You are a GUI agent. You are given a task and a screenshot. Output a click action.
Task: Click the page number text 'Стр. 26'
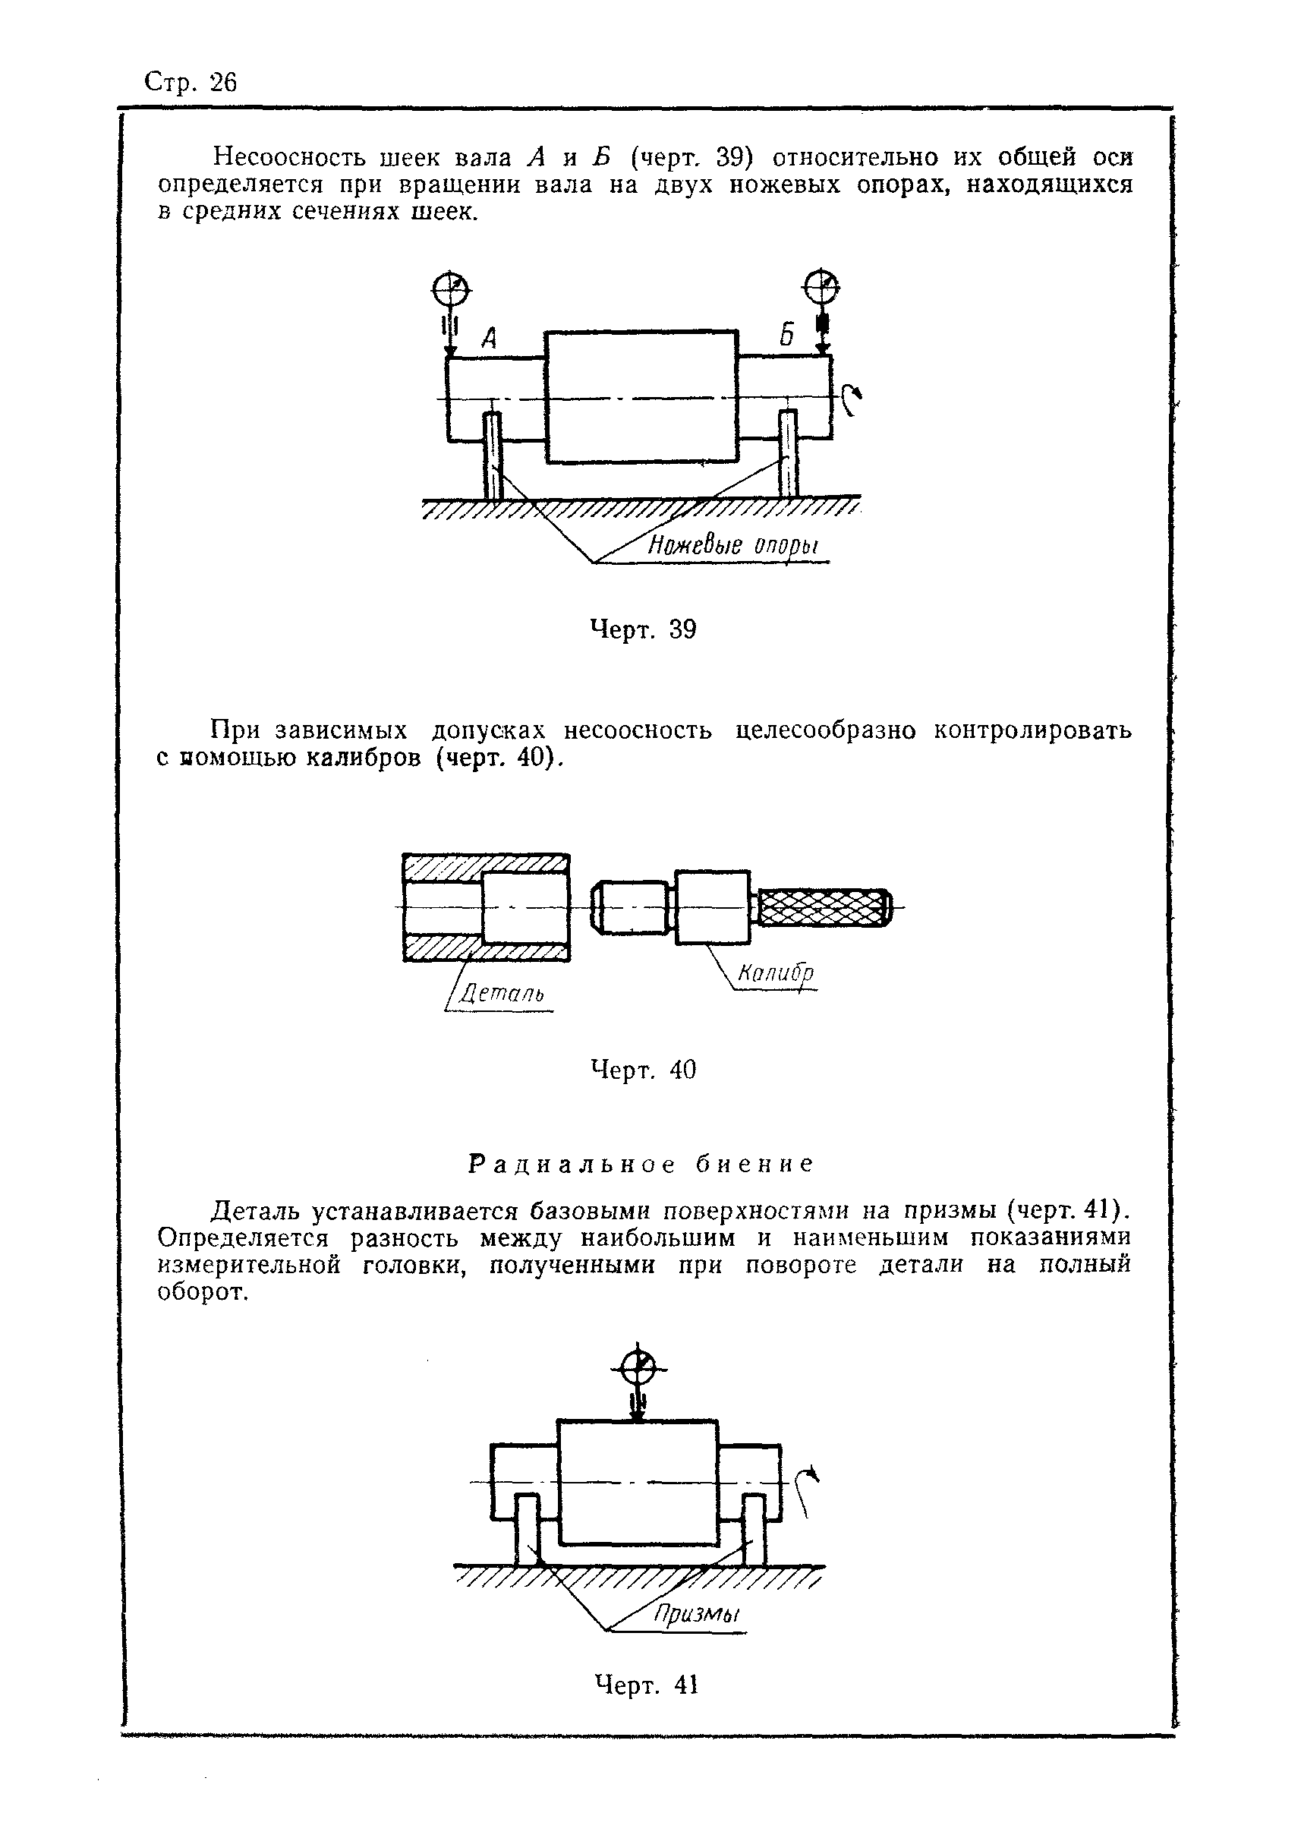(x=191, y=83)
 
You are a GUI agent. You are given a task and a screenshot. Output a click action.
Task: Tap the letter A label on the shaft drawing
(x=490, y=339)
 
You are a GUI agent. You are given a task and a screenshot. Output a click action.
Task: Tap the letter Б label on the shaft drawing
(x=786, y=335)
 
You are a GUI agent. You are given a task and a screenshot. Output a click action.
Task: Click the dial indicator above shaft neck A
(x=451, y=289)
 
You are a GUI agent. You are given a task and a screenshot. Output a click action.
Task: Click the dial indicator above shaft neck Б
(x=822, y=286)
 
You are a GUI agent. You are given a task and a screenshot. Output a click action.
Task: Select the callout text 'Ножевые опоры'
(x=733, y=547)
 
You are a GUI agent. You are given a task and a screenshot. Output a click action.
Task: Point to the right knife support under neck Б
(x=789, y=454)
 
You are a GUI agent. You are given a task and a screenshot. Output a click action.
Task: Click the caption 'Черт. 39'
(x=644, y=630)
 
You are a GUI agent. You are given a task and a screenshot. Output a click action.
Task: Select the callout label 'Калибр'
(x=775, y=974)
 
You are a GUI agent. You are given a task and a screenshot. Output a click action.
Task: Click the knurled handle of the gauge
(x=824, y=907)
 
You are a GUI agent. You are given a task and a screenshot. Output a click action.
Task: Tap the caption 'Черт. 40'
(x=644, y=1070)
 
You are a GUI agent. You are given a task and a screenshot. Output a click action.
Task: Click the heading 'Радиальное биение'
(x=641, y=1163)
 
